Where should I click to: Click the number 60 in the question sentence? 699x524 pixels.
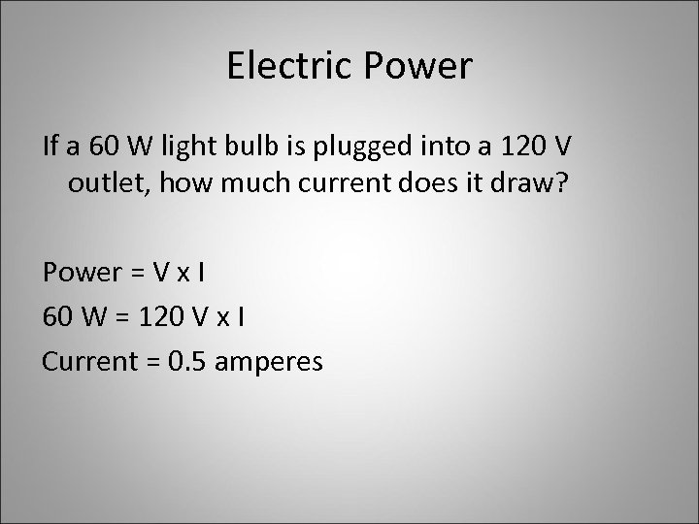(x=100, y=147)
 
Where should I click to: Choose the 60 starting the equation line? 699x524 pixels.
(x=56, y=316)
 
